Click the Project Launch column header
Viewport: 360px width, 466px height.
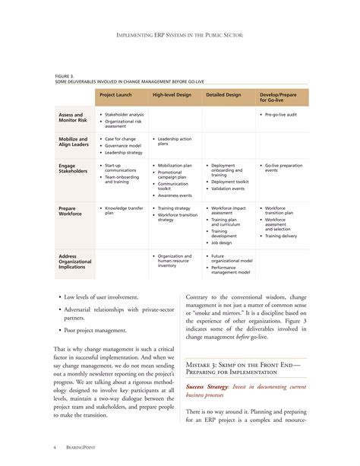118,96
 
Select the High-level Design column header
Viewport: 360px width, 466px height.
172,96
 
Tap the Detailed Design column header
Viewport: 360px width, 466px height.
223,96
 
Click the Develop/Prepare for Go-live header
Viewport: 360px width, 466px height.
278,98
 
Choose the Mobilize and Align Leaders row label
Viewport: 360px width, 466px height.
73,142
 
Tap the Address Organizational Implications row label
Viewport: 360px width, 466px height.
77,261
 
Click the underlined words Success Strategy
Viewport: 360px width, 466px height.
209,387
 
